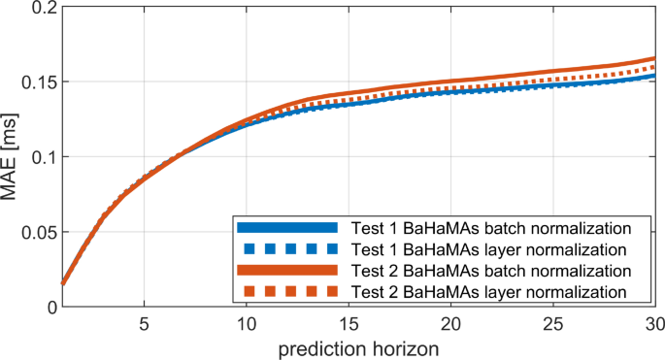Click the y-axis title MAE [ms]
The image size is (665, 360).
click(14, 155)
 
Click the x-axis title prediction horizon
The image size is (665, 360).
click(357, 347)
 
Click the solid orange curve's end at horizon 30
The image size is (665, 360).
click(653, 60)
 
